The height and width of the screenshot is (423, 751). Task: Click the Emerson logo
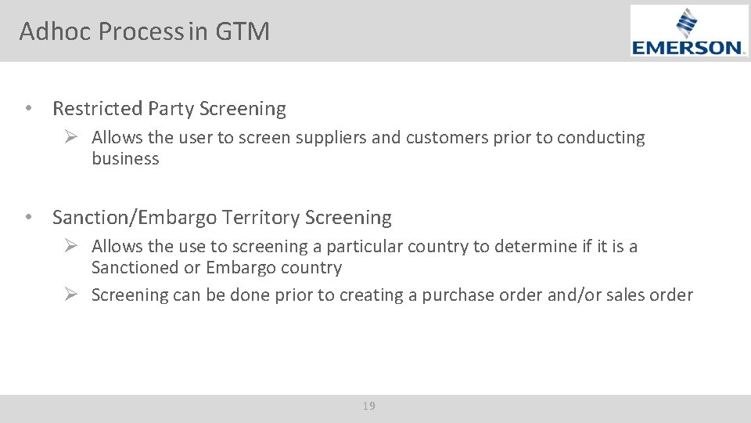point(688,31)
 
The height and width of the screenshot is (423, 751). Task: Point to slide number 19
point(369,406)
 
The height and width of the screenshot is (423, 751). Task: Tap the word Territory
point(262,217)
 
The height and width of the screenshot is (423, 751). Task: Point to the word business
point(125,159)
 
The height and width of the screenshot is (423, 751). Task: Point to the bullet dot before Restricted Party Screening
point(28,109)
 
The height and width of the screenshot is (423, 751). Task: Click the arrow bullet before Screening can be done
point(70,295)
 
